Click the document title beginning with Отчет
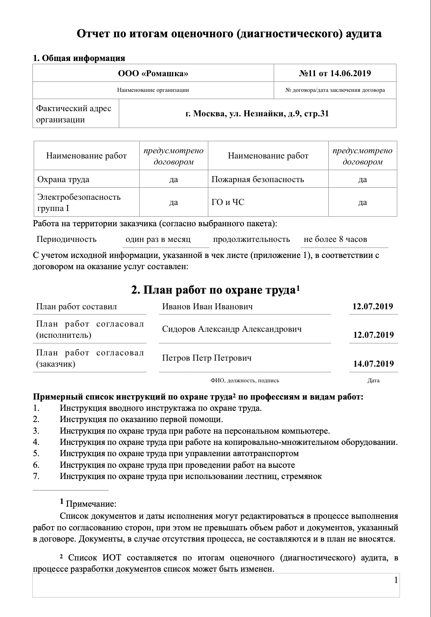click(x=229, y=34)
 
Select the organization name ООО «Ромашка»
click(x=153, y=73)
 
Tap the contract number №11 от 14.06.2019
click(x=335, y=73)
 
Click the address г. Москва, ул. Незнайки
click(x=257, y=114)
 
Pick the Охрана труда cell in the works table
click(x=63, y=179)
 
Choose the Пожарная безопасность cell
click(x=258, y=179)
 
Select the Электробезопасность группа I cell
click(x=79, y=203)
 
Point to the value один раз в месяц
click(x=158, y=239)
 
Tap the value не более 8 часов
click(x=335, y=239)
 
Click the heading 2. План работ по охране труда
click(x=215, y=290)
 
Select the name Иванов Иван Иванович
click(x=207, y=307)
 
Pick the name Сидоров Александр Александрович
click(x=232, y=329)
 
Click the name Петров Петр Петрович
click(x=207, y=358)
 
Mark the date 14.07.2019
click(x=373, y=364)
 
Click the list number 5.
click(x=36, y=454)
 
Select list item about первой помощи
click(x=141, y=420)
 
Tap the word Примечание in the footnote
click(x=91, y=504)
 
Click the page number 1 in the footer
click(x=396, y=580)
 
